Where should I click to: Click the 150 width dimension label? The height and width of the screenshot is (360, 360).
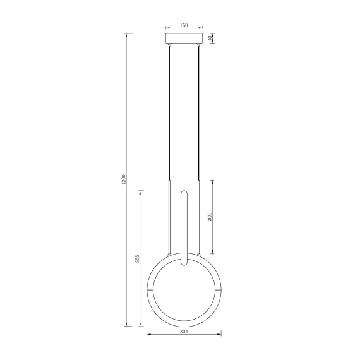(x=184, y=25)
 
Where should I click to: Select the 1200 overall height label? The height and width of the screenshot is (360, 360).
(x=124, y=180)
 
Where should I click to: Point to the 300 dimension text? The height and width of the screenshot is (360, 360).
(x=210, y=217)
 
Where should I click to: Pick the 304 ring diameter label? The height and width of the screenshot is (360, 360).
(x=184, y=331)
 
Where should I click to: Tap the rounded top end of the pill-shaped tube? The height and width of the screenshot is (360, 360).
(x=184, y=192)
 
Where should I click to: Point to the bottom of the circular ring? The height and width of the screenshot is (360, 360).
(x=184, y=323)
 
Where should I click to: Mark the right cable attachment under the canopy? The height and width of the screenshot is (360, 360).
(x=198, y=46)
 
